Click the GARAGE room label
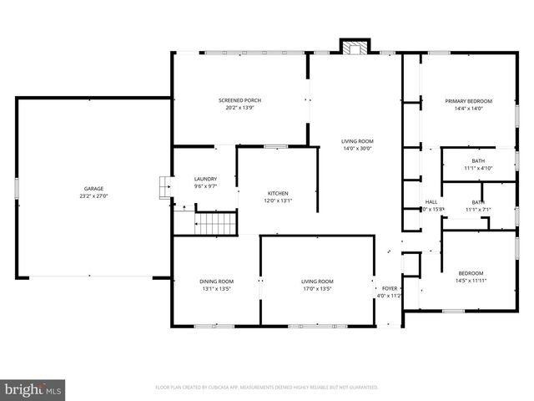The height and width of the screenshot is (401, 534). tap(93, 189)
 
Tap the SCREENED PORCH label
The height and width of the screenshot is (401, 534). tap(240, 101)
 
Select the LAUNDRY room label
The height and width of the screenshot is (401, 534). tap(205, 179)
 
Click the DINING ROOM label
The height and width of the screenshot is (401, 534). tap(216, 282)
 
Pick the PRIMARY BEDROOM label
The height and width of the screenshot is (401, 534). tap(468, 101)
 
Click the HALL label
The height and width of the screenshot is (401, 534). tap(431, 202)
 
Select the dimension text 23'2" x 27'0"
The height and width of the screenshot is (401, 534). tap(93, 196)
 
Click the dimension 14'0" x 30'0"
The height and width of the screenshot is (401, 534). tap(357, 149)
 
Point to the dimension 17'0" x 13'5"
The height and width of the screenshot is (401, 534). tap(317, 289)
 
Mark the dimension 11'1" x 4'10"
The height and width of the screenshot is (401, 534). tap(478, 168)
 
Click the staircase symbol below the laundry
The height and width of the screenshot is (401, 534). tap(216, 223)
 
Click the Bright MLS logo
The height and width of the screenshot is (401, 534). tap(33, 389)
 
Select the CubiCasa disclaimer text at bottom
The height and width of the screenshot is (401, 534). tap(267, 388)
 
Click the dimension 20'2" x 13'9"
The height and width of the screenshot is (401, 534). tap(240, 109)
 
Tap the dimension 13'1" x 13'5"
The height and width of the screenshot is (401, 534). tap(216, 289)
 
